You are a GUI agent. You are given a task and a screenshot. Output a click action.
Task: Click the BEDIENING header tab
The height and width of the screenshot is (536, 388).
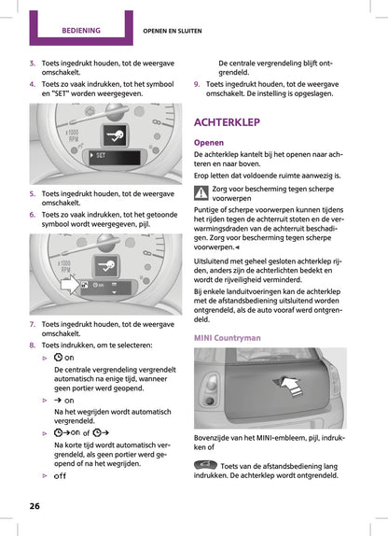pos(81,30)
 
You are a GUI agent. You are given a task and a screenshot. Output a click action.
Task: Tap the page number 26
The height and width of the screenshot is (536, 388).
pos(34,505)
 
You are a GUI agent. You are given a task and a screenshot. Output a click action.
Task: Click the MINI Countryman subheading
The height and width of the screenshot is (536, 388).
pos(227,337)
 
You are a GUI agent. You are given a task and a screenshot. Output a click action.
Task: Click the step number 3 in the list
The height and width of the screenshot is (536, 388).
pos(34,62)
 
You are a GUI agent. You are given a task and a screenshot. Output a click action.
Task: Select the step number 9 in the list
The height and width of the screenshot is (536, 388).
pos(197,83)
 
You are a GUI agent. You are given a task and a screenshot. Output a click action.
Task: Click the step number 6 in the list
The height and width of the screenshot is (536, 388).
pos(34,214)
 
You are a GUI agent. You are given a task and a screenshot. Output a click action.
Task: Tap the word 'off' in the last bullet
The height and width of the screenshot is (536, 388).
pos(61,476)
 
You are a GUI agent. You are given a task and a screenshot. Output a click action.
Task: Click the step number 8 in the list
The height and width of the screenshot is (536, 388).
pos(34,343)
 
